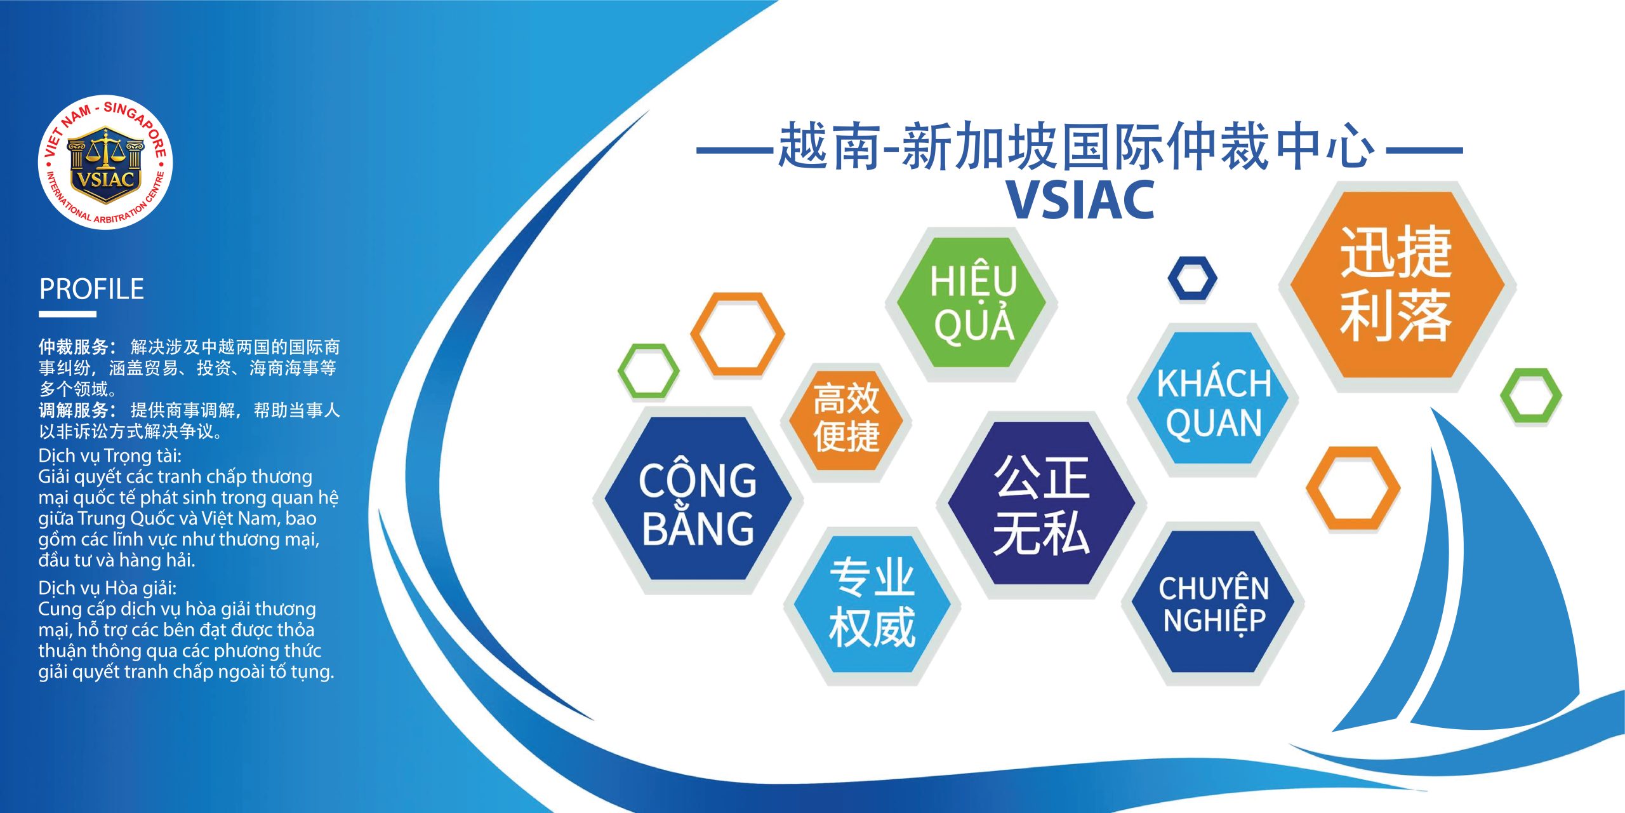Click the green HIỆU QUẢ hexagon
[x=972, y=303]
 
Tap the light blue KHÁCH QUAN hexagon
[x=1213, y=399]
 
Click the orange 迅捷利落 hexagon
[x=1397, y=285]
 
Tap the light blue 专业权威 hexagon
[x=872, y=604]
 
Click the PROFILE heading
[x=92, y=289]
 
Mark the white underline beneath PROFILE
[x=67, y=314]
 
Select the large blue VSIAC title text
[x=1080, y=199]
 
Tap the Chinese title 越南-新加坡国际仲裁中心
[x=1077, y=146]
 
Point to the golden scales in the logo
[x=105, y=150]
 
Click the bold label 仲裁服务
[x=74, y=347]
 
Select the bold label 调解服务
[x=74, y=410]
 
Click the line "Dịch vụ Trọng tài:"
[x=110, y=456]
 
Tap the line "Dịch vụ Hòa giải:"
[x=107, y=588]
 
